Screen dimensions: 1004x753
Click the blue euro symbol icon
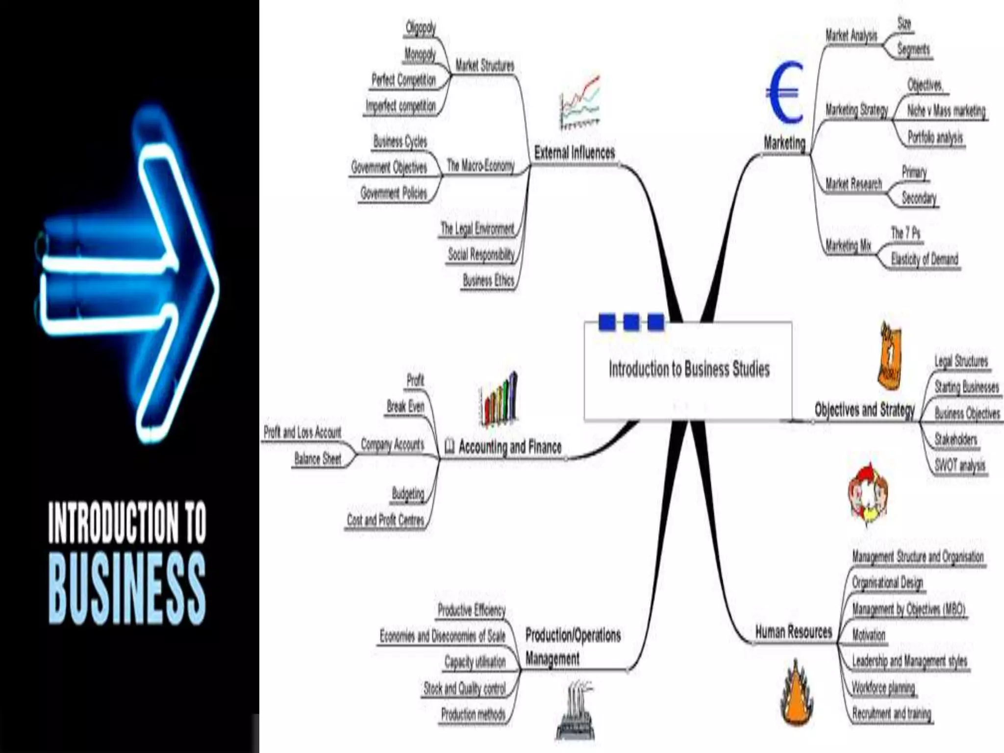(784, 93)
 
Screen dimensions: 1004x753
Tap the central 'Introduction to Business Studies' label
(689, 369)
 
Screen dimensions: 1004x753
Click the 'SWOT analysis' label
(959, 465)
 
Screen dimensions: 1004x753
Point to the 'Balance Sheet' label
(317, 459)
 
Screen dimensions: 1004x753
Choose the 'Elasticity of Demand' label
(924, 259)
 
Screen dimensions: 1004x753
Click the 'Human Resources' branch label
(793, 632)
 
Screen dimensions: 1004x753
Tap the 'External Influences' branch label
(574, 153)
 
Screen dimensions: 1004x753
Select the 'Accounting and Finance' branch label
(510, 447)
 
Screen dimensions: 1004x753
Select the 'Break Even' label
(405, 406)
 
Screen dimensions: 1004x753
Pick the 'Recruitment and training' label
(891, 713)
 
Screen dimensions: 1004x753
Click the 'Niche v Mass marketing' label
(946, 111)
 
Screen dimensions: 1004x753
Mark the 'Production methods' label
(473, 714)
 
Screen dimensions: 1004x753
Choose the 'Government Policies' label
(394, 193)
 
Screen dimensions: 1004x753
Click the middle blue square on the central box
(631, 322)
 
